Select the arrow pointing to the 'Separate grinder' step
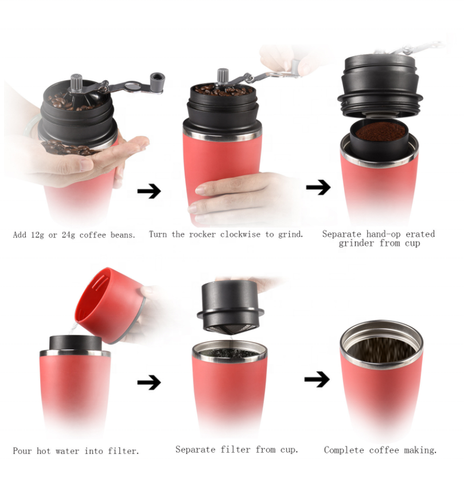[318, 187]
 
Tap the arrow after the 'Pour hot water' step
[149, 382]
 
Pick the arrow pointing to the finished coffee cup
[317, 379]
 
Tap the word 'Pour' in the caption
[22, 451]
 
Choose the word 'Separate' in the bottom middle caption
[196, 450]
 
